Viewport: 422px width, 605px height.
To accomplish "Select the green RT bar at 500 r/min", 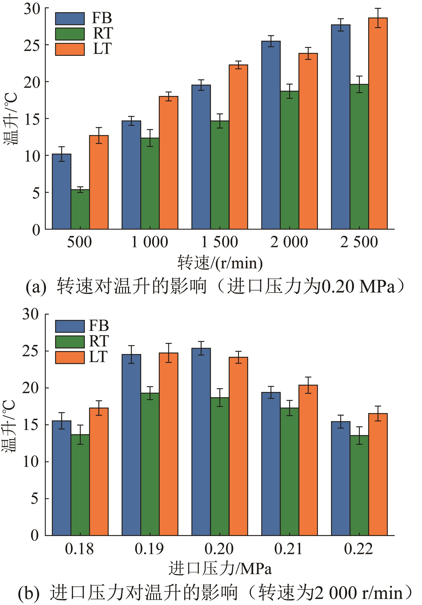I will coord(80,209).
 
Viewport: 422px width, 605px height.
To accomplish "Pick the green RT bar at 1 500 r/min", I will coord(220,175).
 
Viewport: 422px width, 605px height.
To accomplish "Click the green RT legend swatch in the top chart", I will coord(70,34).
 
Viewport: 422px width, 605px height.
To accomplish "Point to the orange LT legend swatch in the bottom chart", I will coord(70,358).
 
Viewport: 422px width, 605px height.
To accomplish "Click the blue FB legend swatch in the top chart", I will coord(70,19).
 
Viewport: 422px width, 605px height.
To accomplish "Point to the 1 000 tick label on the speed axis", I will coord(150,242).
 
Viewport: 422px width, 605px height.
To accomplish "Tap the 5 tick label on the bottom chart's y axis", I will coord(34,498).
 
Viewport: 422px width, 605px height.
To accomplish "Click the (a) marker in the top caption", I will coord(36,287).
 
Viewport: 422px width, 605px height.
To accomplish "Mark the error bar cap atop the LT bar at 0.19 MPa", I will coord(169,343).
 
